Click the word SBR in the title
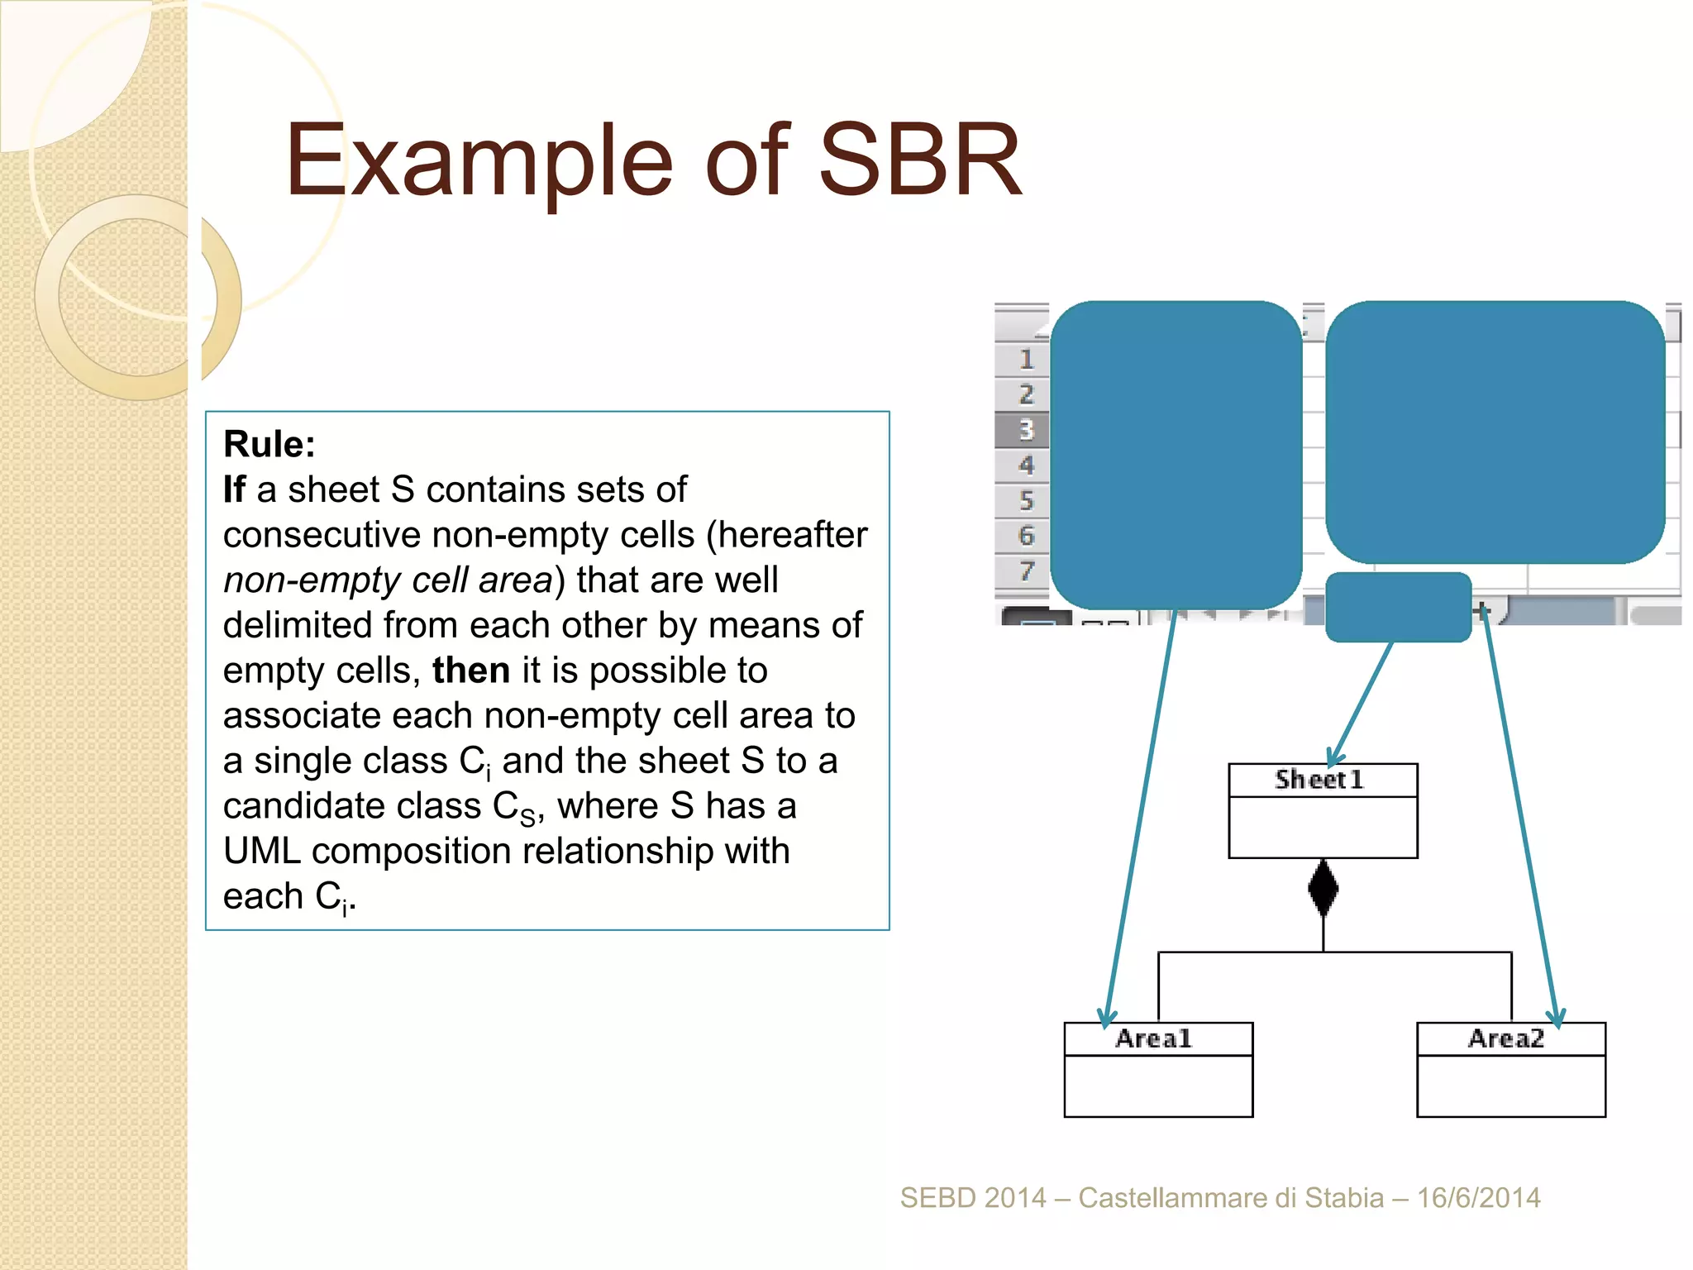tap(919, 161)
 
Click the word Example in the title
tap(479, 161)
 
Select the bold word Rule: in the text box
tap(269, 445)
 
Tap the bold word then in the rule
tap(470, 671)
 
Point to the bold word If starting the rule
tap(234, 489)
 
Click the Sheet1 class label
tap(1319, 780)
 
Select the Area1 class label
tap(1154, 1038)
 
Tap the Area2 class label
tap(1506, 1038)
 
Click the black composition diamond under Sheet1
tap(1323, 888)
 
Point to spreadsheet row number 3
tap(1026, 430)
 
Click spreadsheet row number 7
tap(1026, 571)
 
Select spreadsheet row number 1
tap(1026, 359)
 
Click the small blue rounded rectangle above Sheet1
tap(1398, 607)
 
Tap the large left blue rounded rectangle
tap(1176, 455)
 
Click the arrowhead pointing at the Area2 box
tap(1557, 1019)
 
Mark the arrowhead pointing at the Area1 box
tap(1106, 1019)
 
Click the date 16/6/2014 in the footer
tap(1479, 1198)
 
